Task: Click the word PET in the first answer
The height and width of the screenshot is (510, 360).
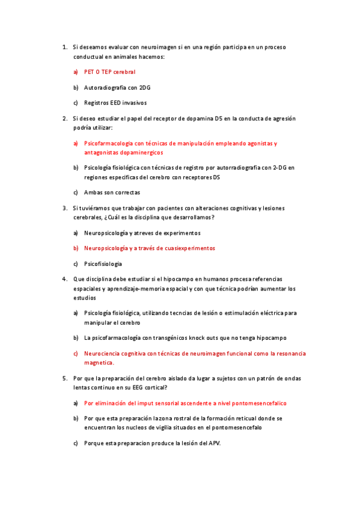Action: [89, 72]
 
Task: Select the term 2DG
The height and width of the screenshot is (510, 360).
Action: [145, 87]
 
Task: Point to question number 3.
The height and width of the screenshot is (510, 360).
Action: [64, 208]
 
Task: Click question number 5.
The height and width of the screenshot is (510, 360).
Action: [64, 378]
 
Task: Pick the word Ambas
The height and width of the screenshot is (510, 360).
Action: [93, 192]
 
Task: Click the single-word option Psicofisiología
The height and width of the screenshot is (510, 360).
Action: [103, 263]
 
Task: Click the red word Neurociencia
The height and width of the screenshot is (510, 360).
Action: [103, 354]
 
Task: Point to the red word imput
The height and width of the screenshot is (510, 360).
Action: [143, 403]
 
